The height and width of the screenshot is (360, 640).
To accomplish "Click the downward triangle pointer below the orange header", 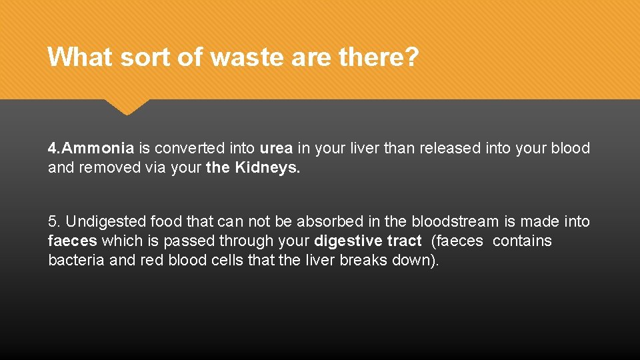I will (127, 107).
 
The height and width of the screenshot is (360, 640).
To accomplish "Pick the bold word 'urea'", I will (276, 148).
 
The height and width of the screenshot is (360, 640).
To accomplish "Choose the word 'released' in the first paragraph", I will (449, 148).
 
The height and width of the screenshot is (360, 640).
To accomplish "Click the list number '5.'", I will (55, 221).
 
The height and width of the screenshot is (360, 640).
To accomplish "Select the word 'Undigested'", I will (106, 221).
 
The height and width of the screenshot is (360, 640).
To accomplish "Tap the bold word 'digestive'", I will (347, 241).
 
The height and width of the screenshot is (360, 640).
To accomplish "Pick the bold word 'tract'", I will (404, 241).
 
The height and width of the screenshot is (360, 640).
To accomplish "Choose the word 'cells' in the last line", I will (228, 260).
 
